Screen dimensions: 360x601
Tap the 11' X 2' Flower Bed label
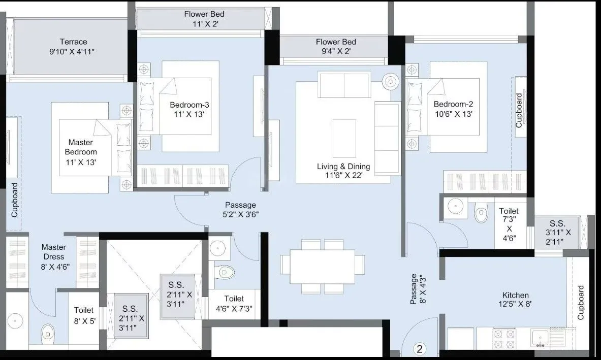204,18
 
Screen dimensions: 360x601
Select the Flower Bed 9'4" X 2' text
335,46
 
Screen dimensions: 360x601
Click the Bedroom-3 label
189,110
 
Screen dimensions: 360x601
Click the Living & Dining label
343,171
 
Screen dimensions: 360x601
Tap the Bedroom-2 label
453,109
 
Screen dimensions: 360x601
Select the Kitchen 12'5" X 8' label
515,300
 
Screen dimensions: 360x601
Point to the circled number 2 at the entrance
420,349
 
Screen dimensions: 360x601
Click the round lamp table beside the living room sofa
391,81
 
